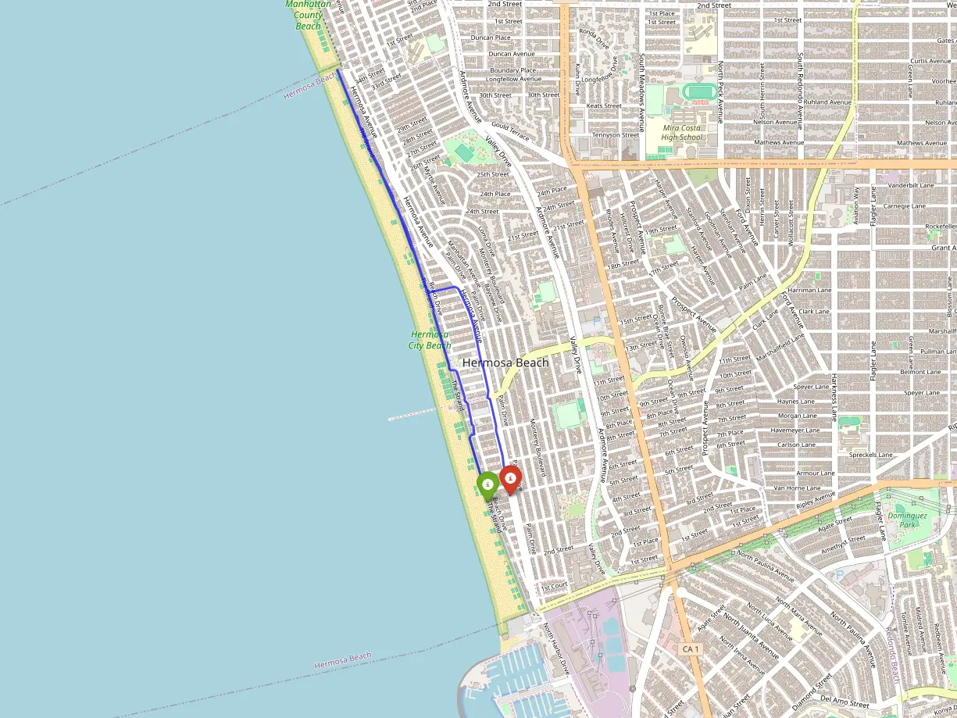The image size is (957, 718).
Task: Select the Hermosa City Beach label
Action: pyautogui.click(x=430, y=340)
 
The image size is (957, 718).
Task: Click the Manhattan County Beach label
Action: pyautogui.click(x=308, y=15)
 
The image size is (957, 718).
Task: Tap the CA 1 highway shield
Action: pyautogui.click(x=688, y=649)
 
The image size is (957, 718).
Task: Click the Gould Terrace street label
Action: pyautogui.click(x=510, y=131)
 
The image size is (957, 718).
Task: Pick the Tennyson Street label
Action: pyautogui.click(x=616, y=135)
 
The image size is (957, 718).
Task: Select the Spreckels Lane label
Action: pyautogui.click(x=870, y=455)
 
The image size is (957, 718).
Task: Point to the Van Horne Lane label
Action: pyautogui.click(x=797, y=488)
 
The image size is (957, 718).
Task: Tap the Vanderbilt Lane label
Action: pyautogui.click(x=911, y=185)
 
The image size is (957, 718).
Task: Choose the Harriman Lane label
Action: pyautogui.click(x=812, y=290)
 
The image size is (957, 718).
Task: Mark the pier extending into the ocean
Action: pyautogui.click(x=412, y=414)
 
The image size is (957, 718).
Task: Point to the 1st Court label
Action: pyautogui.click(x=554, y=585)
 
